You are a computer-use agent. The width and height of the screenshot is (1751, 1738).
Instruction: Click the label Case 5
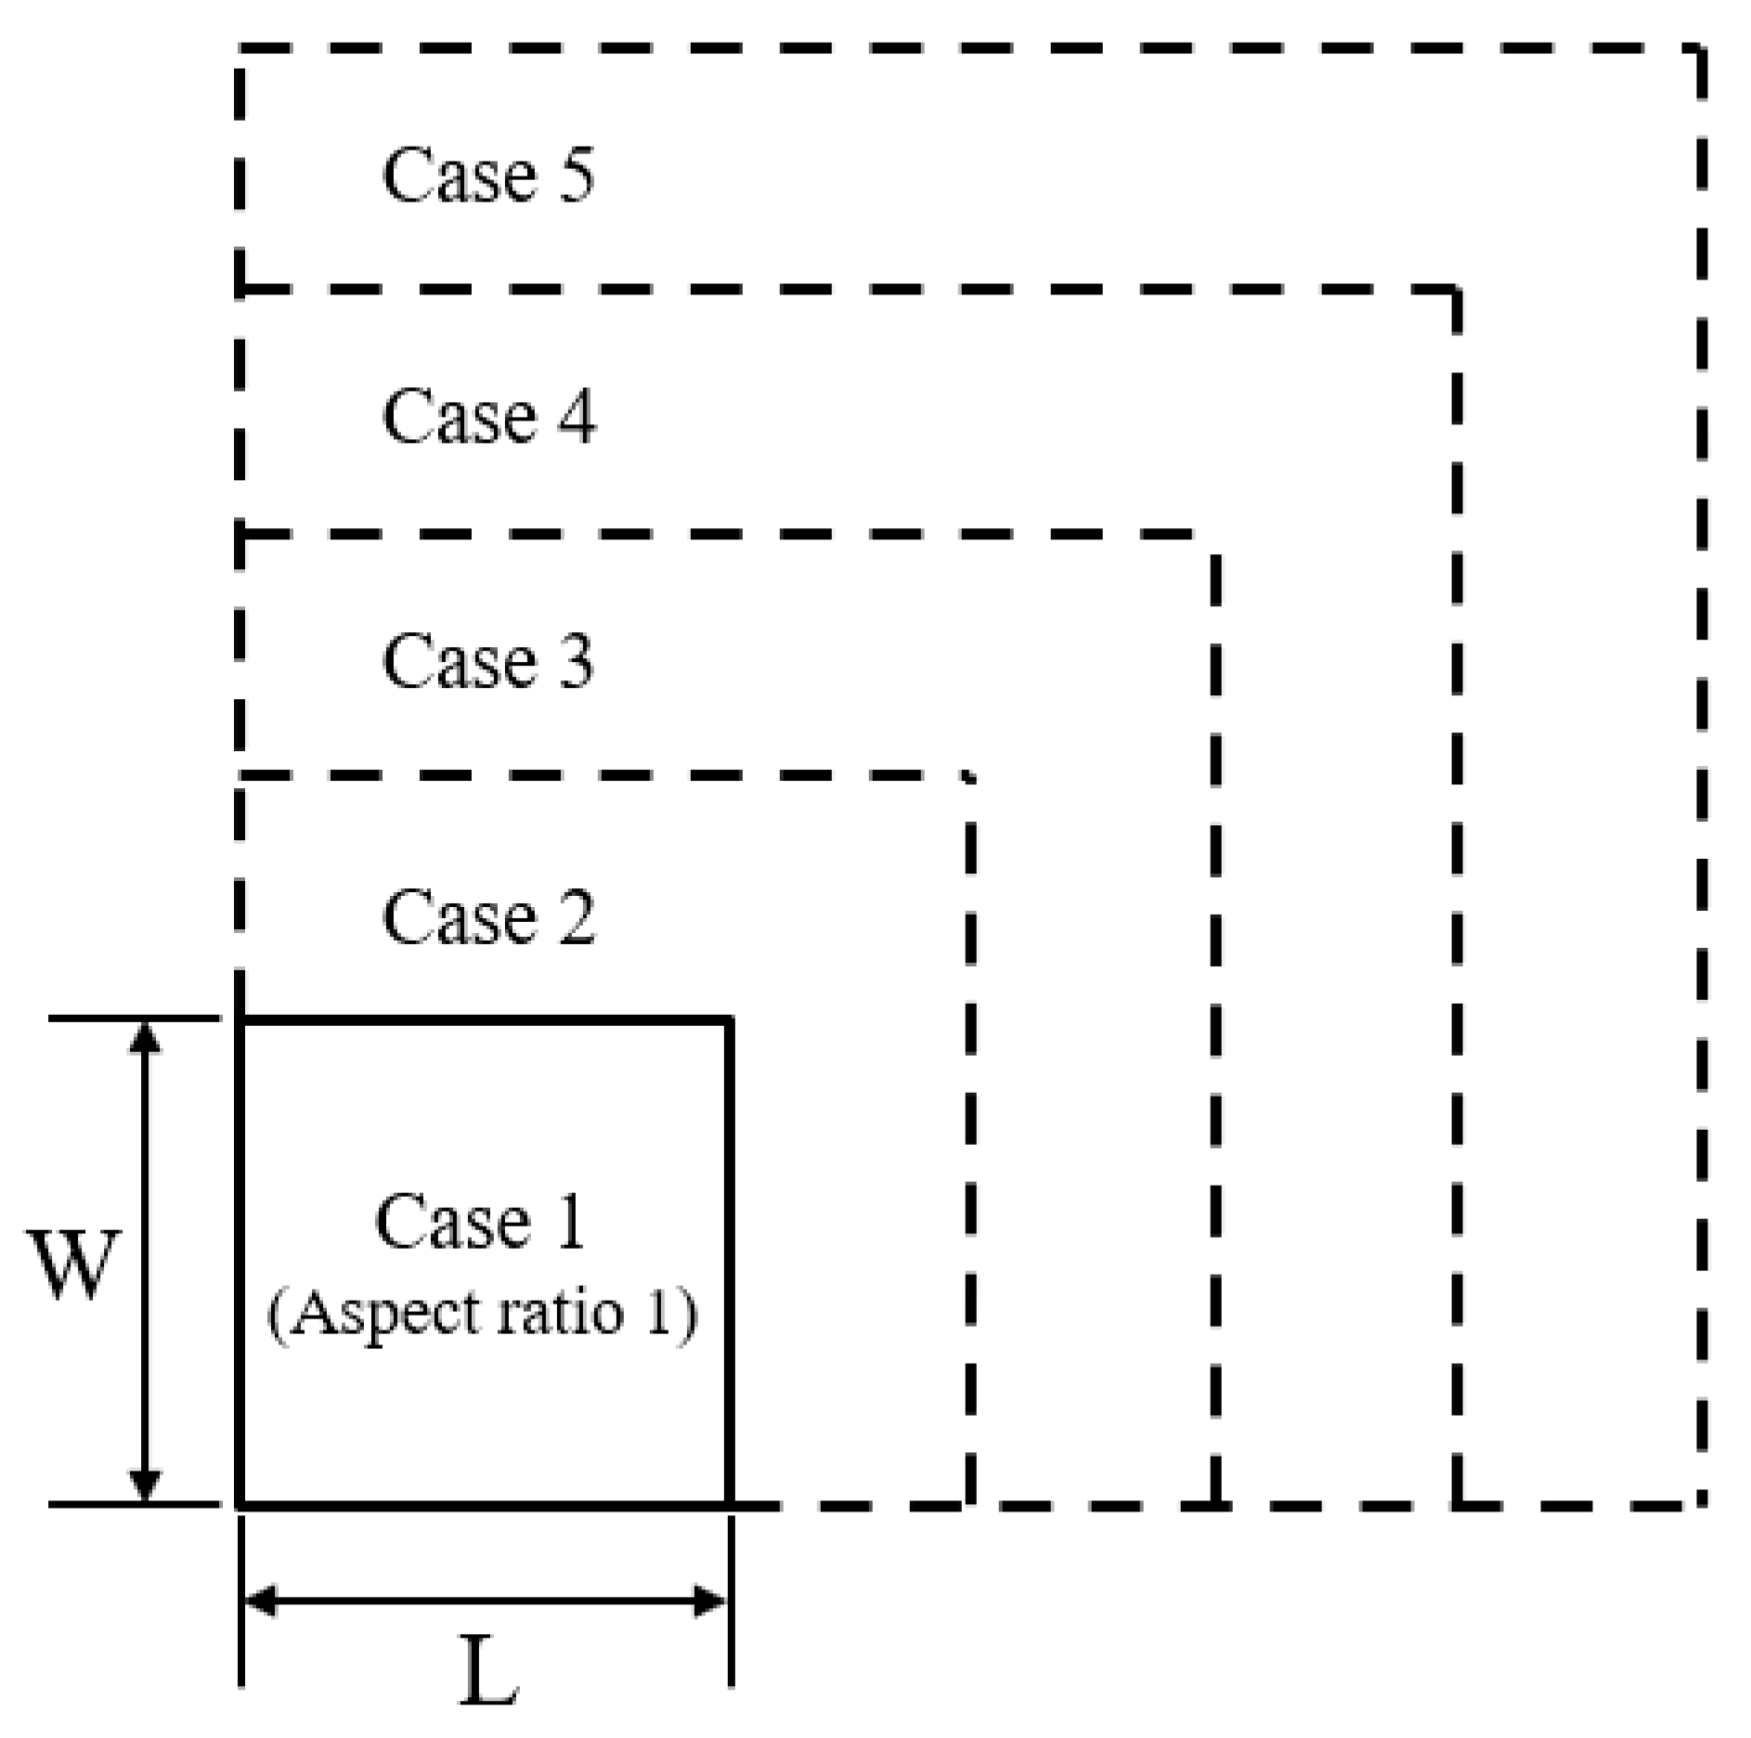[488, 175]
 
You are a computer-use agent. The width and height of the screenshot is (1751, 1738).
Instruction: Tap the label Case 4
[488, 416]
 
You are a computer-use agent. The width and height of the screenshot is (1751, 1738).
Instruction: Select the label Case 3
[488, 661]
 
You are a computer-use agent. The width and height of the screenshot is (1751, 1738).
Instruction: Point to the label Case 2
[488, 917]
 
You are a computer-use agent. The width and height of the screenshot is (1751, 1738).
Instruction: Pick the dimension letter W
[76, 1265]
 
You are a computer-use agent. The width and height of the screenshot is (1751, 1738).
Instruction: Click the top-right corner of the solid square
[730, 1021]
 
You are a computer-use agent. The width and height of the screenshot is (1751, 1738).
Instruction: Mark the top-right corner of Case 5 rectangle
[1701, 48]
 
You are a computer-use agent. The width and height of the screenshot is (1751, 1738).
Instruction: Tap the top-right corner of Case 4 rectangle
[1456, 292]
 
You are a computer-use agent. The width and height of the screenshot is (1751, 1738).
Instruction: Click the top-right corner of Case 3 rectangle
[1214, 536]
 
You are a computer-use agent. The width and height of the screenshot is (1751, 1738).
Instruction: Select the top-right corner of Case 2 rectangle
[970, 776]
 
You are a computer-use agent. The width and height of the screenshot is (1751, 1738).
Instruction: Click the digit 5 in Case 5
[576, 175]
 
